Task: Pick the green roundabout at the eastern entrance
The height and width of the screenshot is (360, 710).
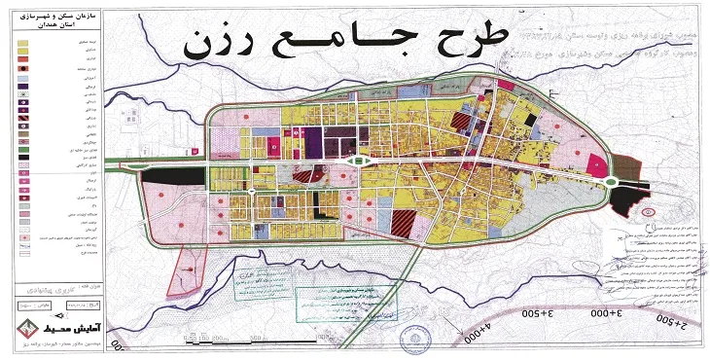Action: [611, 179]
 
